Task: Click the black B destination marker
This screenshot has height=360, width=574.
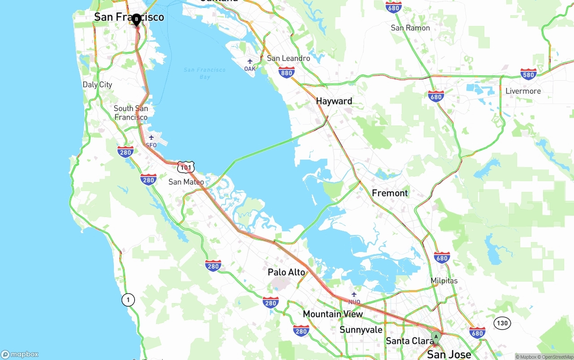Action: (x=136, y=19)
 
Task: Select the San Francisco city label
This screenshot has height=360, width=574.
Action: (x=129, y=17)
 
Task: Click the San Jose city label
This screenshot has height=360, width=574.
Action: (x=449, y=354)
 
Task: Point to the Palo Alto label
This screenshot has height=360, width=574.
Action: (x=286, y=272)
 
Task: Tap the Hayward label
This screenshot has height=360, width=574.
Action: (x=334, y=101)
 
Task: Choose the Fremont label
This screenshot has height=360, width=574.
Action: (x=390, y=193)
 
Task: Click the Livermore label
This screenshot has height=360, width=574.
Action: (x=523, y=91)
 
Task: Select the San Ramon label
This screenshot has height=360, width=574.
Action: (x=410, y=28)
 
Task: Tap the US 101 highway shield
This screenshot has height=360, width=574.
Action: (x=185, y=167)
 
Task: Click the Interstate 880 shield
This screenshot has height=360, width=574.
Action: (x=286, y=73)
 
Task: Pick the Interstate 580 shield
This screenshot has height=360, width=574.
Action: (x=529, y=74)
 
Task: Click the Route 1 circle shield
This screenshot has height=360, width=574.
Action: (x=128, y=300)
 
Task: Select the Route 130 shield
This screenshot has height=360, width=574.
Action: (x=502, y=323)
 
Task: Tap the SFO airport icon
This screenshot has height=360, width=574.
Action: (x=151, y=138)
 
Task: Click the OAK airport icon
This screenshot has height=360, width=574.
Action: (x=250, y=61)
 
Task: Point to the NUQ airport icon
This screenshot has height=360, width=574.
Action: (x=354, y=295)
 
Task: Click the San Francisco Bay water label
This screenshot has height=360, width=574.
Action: (x=204, y=73)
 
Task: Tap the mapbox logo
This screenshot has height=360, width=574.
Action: (x=20, y=354)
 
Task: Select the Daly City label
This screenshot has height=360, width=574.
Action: (x=97, y=84)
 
